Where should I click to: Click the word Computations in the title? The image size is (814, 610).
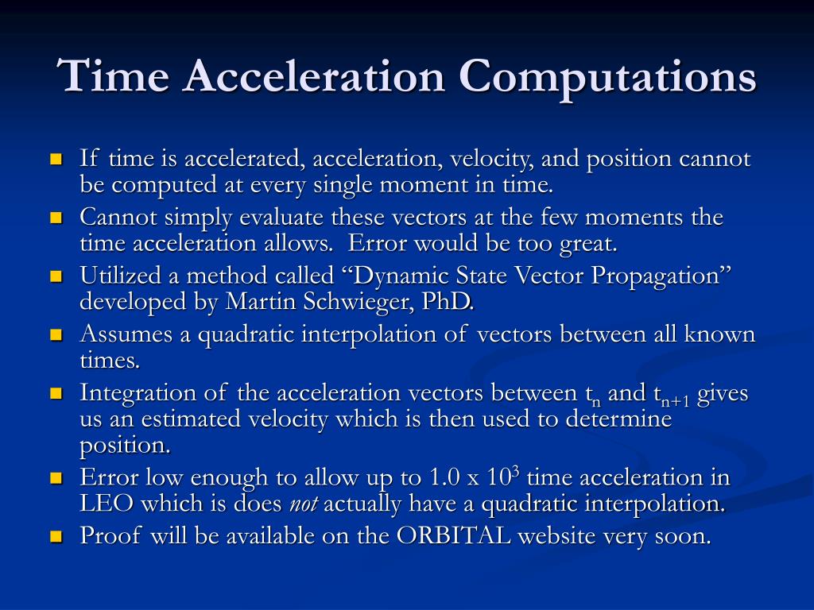[x=607, y=78]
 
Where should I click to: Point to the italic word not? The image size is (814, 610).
[x=302, y=504]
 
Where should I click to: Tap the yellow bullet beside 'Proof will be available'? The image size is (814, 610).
[x=56, y=536]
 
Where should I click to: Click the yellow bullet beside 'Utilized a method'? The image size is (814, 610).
[x=56, y=276]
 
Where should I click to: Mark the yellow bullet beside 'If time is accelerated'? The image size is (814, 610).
[x=56, y=159]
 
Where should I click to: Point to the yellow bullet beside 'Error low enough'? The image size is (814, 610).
[x=56, y=478]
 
